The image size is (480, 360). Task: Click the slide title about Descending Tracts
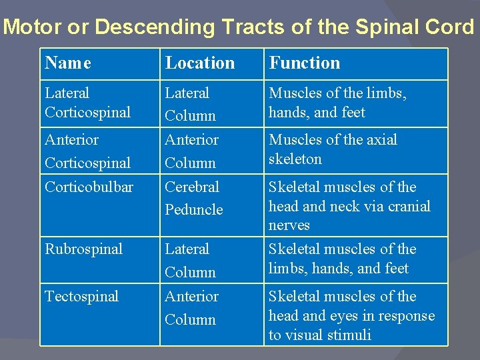pyautogui.click(x=240, y=27)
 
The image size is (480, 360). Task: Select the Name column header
pyautogui.click(x=68, y=63)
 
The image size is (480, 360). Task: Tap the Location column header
pyautogui.click(x=200, y=63)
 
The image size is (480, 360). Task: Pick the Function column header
pyautogui.click(x=304, y=63)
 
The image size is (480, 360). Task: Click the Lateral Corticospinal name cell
pyautogui.click(x=87, y=103)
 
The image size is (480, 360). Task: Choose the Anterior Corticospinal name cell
pyautogui.click(x=87, y=151)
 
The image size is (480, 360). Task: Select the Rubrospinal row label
pyautogui.click(x=83, y=249)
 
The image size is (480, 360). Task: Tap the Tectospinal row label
pyautogui.click(x=81, y=297)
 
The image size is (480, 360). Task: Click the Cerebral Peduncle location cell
pyautogui.click(x=193, y=198)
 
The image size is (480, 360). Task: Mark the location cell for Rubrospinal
pyautogui.click(x=191, y=260)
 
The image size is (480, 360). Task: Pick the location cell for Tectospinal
pyautogui.click(x=191, y=307)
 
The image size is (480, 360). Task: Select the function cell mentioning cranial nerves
pyautogui.click(x=349, y=206)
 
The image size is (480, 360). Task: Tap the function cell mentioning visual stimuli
pyautogui.click(x=351, y=315)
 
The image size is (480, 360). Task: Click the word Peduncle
pyautogui.click(x=193, y=209)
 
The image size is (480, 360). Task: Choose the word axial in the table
pyautogui.click(x=381, y=140)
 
